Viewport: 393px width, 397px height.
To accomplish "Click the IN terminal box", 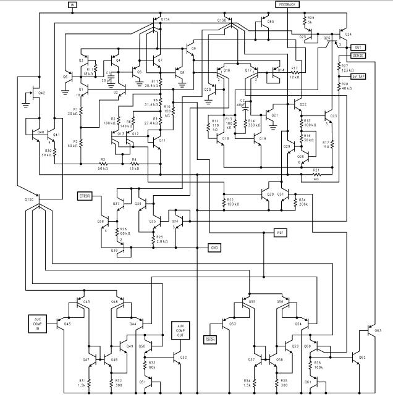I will pyautogui.click(x=72, y=4).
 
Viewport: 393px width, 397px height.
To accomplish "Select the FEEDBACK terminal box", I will pyautogui.click(x=288, y=4).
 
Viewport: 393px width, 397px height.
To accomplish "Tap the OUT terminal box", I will pyautogui.click(x=358, y=47).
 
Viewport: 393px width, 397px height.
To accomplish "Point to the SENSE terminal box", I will pyautogui.click(x=359, y=56).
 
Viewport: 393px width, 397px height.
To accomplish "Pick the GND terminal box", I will pyautogui.click(x=214, y=248).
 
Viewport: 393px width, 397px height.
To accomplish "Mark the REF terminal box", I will pyautogui.click(x=281, y=232).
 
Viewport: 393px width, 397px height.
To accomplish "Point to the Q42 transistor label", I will pyautogui.click(x=42, y=93).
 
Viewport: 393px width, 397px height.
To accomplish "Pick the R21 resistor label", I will pyautogui.click(x=316, y=171).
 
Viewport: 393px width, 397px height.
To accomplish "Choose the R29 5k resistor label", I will pyautogui.click(x=310, y=20).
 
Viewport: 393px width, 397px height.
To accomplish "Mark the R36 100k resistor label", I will pyautogui.click(x=318, y=364).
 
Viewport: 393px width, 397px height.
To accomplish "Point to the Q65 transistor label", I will pyautogui.click(x=271, y=21).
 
